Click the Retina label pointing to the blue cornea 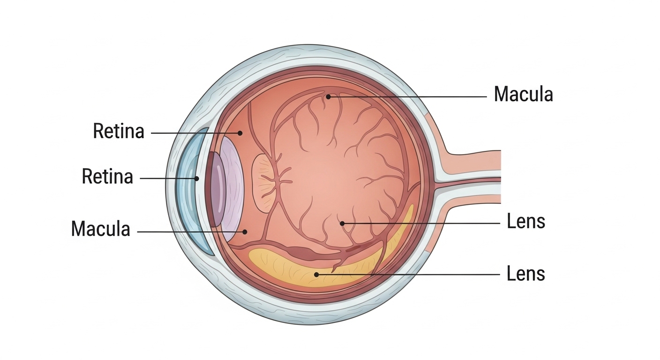coord(107,177)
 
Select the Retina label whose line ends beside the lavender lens coord(119,131)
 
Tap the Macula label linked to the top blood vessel coord(523,95)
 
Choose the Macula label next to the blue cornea coord(100,229)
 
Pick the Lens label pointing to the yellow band coord(526,273)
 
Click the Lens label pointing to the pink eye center coord(526,222)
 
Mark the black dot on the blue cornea coord(197,179)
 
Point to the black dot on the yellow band coord(317,274)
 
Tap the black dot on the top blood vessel coord(329,97)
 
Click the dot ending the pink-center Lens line coord(342,224)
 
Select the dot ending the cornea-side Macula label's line coord(245,232)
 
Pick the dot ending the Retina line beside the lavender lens coord(240,133)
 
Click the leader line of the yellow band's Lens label coord(408,274)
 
